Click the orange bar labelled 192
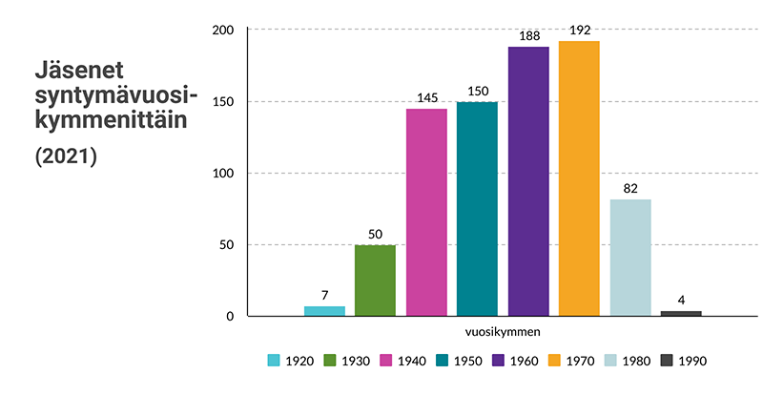tap(579, 178)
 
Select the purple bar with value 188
tap(528, 181)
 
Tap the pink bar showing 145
tap(426, 212)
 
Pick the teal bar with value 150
tap(477, 209)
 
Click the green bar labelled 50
tap(375, 281)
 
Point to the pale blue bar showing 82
tap(630, 258)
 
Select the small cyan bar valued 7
tap(324, 311)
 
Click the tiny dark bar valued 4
tap(681, 313)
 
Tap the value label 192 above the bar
tap(579, 30)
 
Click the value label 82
tap(630, 188)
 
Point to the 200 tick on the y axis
tap(223, 31)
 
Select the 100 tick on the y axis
tap(223, 174)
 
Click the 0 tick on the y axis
tap(230, 317)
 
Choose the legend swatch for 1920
tap(274, 361)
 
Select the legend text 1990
tap(693, 361)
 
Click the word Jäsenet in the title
tap(80, 73)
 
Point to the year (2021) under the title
tap(67, 157)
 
